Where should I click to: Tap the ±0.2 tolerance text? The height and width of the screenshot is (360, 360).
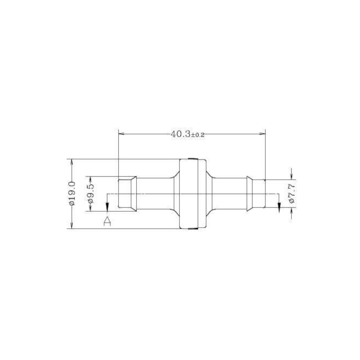(198, 135)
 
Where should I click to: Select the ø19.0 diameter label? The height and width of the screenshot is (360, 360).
(72, 194)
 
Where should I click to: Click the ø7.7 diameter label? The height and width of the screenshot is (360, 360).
(291, 194)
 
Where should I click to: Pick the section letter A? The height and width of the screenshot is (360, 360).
(107, 221)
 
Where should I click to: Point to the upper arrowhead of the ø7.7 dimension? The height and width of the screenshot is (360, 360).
(291, 177)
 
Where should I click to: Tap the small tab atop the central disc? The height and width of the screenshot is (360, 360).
(193, 158)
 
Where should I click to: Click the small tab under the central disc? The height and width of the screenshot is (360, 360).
(193, 229)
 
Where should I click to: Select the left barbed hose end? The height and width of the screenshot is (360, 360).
(128, 194)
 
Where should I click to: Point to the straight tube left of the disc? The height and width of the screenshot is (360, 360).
(155, 194)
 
